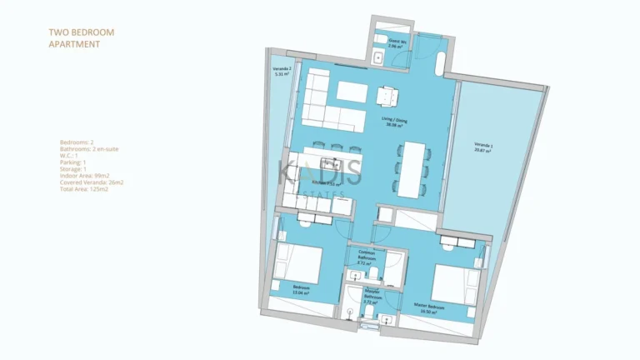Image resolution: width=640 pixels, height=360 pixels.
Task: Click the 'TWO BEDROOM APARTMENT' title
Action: point(82,37)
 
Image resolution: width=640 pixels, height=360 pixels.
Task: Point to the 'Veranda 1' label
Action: point(483,147)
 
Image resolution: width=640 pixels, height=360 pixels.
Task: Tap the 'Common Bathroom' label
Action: point(366,256)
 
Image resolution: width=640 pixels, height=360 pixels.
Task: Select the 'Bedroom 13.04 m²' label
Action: point(301,288)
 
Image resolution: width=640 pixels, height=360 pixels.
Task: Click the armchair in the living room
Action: point(387,97)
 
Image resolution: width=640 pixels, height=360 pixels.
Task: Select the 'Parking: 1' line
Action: point(76,162)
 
